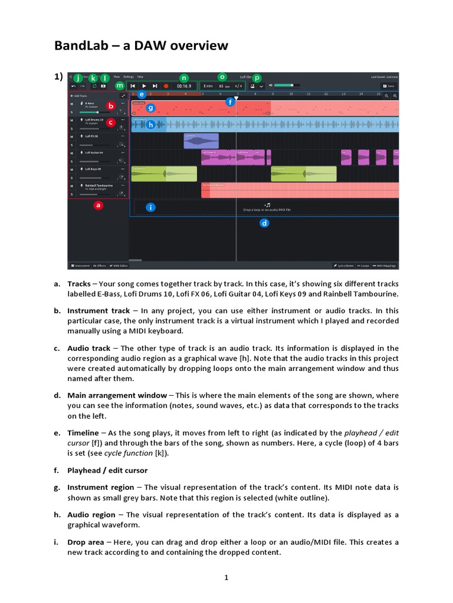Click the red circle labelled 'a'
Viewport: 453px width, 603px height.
click(x=99, y=206)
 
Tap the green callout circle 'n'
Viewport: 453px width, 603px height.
click(x=183, y=78)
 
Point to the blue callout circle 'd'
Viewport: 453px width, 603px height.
click(x=265, y=223)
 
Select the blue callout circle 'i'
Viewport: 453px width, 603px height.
click(x=151, y=207)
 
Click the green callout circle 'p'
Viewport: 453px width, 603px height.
click(x=257, y=78)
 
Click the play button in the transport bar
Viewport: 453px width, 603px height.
click(x=143, y=86)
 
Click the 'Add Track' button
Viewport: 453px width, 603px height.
click(x=80, y=95)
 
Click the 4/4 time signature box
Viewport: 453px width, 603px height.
click(x=238, y=86)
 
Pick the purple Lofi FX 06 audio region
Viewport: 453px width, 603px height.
click(x=201, y=141)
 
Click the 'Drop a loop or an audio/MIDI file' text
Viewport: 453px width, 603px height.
click(x=267, y=210)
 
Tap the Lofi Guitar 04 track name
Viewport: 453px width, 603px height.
click(x=94, y=153)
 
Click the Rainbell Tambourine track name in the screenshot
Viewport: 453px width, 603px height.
click(x=99, y=185)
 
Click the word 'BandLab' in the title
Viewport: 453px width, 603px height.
click(x=83, y=46)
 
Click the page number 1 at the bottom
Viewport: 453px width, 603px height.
click(x=226, y=578)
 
